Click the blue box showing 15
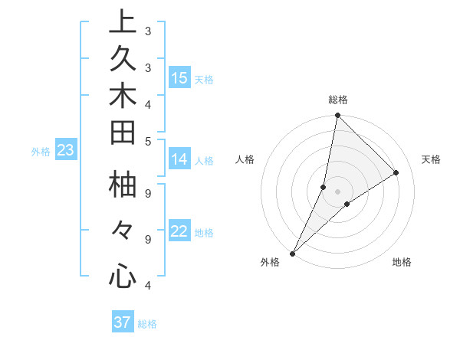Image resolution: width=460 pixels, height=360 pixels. (179, 77)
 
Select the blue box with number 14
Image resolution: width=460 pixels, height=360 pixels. (179, 159)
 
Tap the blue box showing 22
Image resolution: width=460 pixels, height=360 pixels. (179, 232)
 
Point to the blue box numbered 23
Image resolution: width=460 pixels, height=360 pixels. (65, 151)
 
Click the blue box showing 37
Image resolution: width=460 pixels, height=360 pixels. (123, 322)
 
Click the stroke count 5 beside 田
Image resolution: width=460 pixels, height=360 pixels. (147, 140)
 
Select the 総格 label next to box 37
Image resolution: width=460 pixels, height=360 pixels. (147, 324)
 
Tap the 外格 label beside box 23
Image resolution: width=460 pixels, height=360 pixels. (41, 152)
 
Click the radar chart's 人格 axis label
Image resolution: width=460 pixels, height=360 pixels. (245, 159)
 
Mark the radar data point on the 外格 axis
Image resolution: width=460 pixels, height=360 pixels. (293, 253)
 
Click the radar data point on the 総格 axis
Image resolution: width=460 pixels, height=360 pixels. (337, 115)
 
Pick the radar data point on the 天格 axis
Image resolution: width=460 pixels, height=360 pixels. (396, 172)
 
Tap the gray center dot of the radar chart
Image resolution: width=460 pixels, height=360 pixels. (337, 191)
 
